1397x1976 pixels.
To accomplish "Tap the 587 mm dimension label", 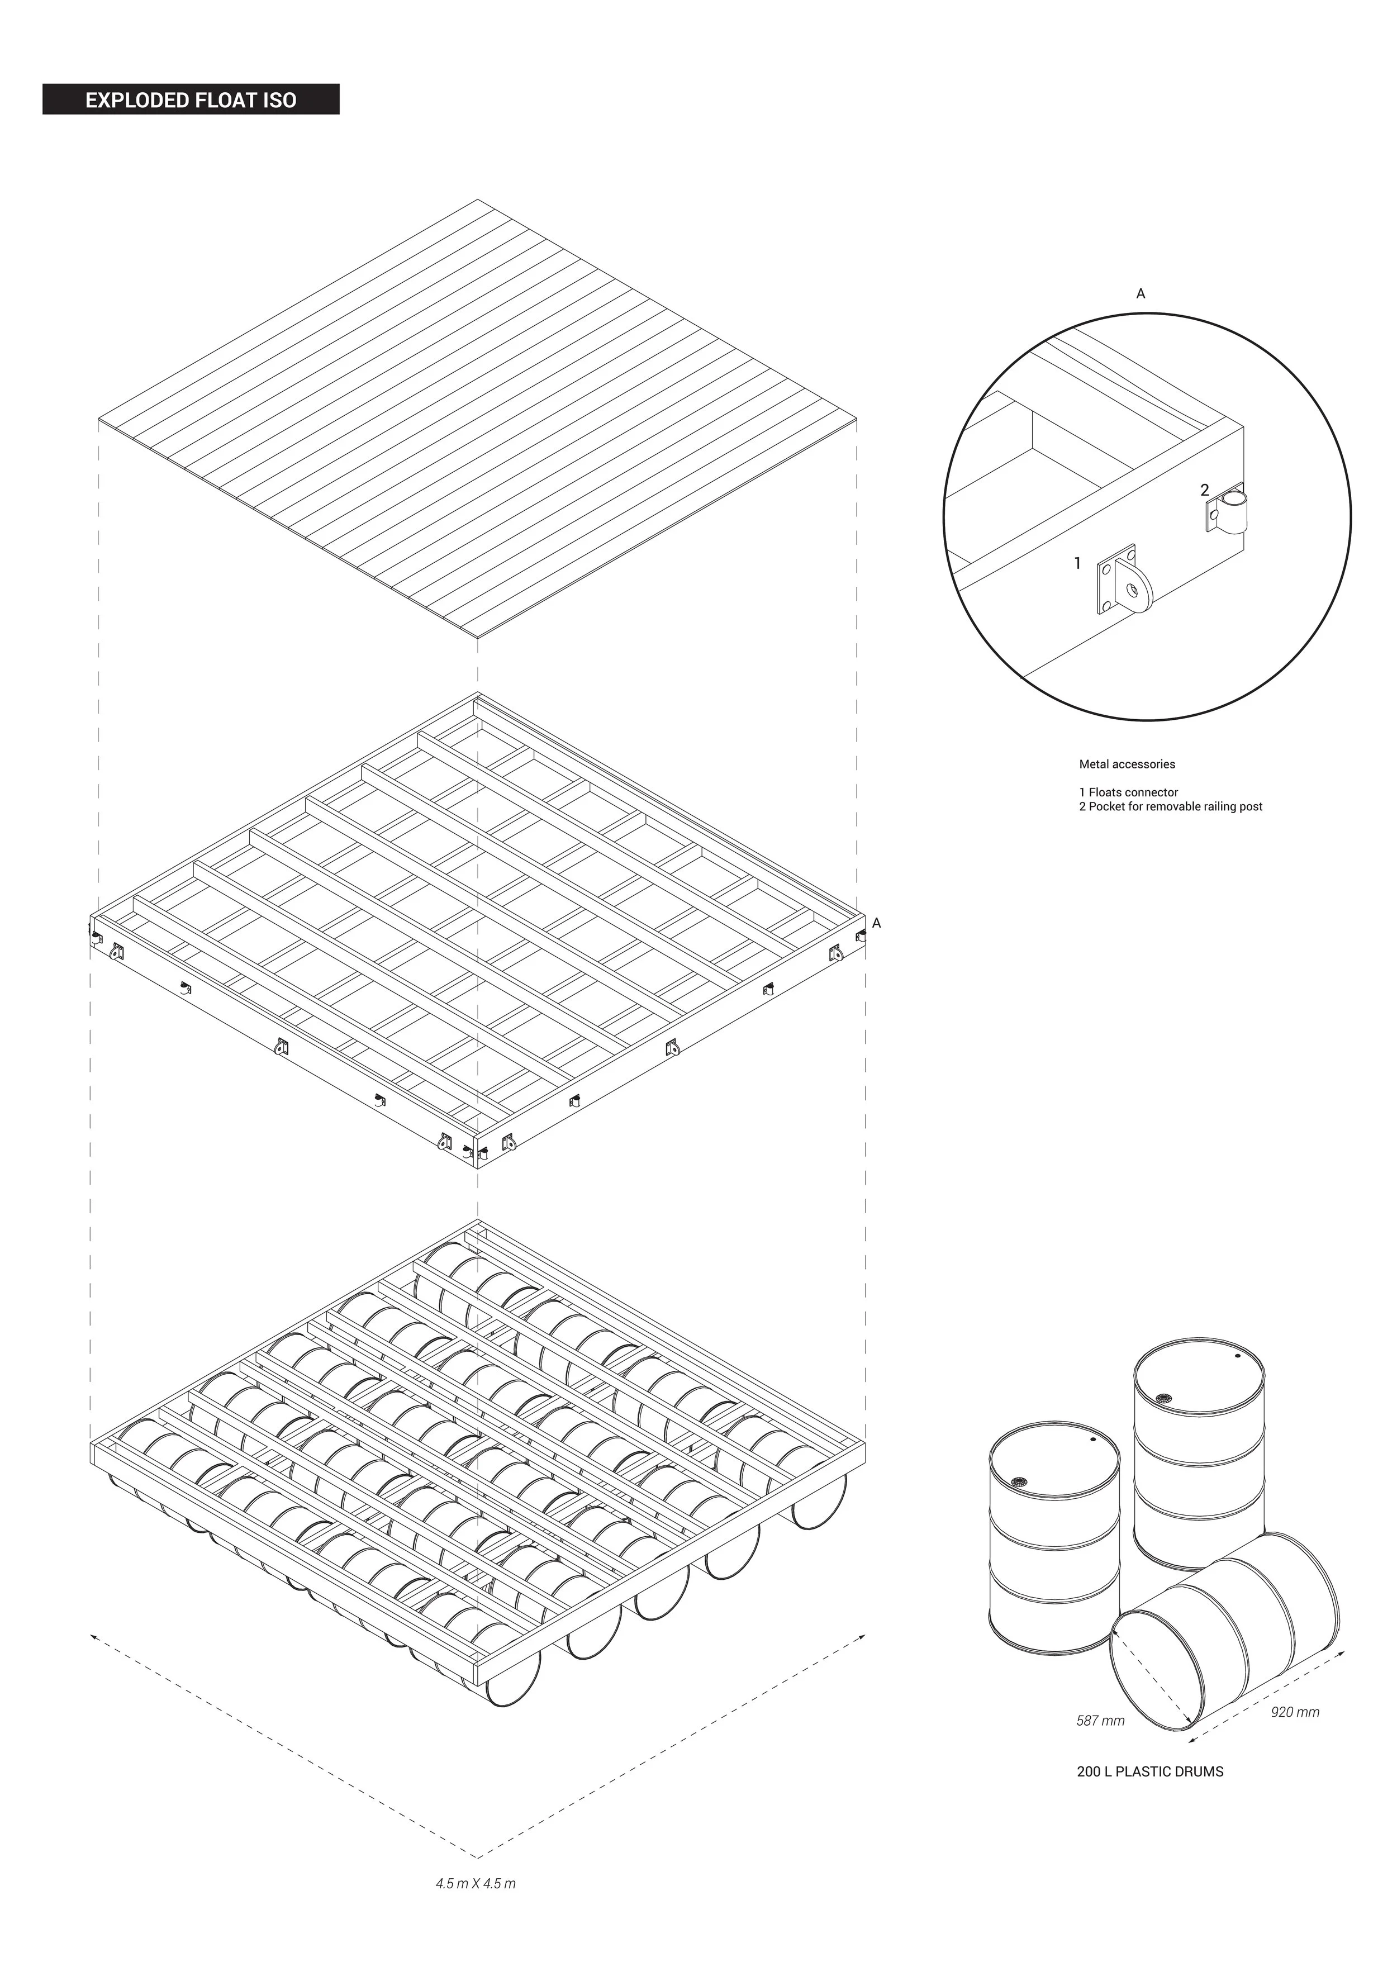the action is tap(1100, 1721).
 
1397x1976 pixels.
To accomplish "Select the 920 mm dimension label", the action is tap(1295, 1712).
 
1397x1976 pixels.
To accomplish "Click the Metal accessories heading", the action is tap(1127, 763).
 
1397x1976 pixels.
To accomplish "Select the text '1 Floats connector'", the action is tap(1128, 792).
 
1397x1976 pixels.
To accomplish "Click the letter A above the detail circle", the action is tap(1141, 293).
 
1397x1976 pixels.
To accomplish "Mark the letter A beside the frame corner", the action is tap(876, 923).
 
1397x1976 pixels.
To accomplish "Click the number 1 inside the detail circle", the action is tap(1077, 564).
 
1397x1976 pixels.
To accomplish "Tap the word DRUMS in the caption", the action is tap(1199, 1771).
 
